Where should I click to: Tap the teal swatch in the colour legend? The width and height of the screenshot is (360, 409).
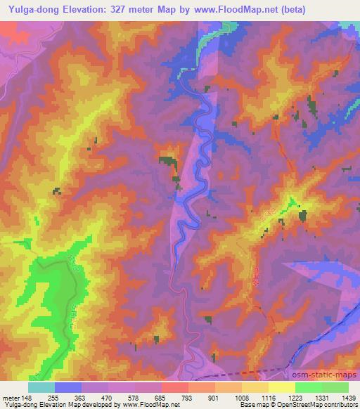41,387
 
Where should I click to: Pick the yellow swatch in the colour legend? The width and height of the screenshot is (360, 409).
282,387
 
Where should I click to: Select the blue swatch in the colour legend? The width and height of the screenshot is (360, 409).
67,387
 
